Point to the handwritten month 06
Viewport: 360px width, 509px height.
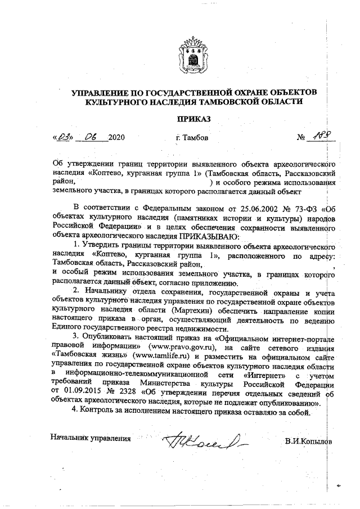90,137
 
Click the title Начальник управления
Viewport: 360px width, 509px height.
91,437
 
